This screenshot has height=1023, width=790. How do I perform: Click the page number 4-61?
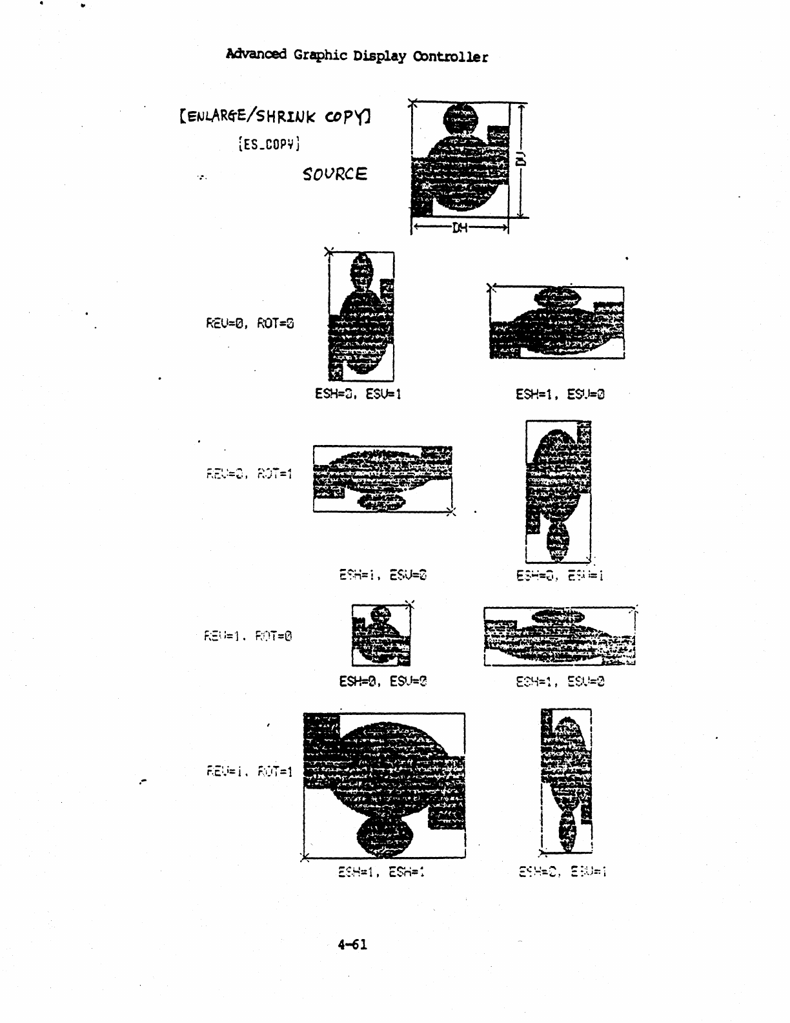pyautogui.click(x=352, y=944)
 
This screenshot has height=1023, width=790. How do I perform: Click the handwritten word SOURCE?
pyautogui.click(x=335, y=174)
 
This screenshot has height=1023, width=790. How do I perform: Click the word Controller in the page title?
pyautogui.click(x=451, y=56)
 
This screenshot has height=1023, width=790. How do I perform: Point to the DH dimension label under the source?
pyautogui.click(x=460, y=227)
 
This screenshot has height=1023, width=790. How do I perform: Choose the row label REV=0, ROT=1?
pyautogui.click(x=249, y=474)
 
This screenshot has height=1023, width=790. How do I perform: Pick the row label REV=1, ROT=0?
pyautogui.click(x=248, y=635)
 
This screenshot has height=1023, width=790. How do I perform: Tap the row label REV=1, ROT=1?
pyautogui.click(x=249, y=771)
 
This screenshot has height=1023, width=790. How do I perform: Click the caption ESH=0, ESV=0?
pyautogui.click(x=383, y=681)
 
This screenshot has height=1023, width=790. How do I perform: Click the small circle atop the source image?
pyautogui.click(x=461, y=118)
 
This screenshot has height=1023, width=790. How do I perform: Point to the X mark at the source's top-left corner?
pyautogui.click(x=413, y=101)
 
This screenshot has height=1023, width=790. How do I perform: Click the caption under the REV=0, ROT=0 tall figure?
pyautogui.click(x=358, y=394)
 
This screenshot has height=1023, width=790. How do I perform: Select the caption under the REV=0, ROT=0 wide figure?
pyautogui.click(x=560, y=394)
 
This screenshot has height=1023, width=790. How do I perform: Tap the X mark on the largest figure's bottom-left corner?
pyautogui.click(x=305, y=858)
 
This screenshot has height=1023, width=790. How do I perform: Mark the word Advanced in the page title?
pyautogui.click(x=256, y=55)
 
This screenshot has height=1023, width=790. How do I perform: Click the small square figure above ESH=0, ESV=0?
pyautogui.click(x=381, y=635)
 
